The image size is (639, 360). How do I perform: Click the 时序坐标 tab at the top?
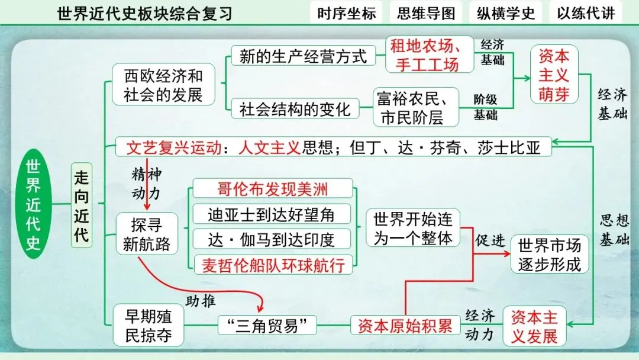pos(346,13)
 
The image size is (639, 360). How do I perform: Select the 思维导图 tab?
pos(426,13)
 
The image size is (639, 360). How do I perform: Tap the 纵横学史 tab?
pos(506,13)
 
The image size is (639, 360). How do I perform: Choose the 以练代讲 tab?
pos(586,13)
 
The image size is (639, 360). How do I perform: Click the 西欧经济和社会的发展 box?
pos(163,85)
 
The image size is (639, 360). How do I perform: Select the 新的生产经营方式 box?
pos(303,56)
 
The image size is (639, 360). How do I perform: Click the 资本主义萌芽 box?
pos(554,75)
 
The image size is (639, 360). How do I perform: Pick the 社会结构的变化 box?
pos(295,109)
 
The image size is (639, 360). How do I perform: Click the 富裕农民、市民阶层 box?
pos(416,107)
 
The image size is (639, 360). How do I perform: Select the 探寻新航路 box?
pos(147,234)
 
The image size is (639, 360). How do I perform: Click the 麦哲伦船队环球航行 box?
pos(273,264)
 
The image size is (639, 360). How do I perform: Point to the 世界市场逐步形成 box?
pos(550,254)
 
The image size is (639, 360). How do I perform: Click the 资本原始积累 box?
pos(405,325)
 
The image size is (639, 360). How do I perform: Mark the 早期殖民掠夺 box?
pos(149,325)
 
